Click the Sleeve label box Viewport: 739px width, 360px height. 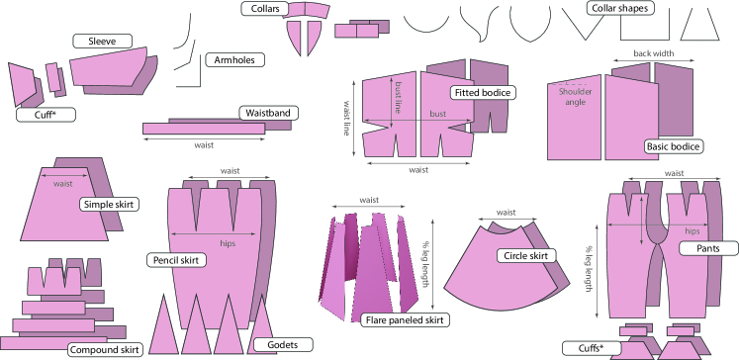pos(102,41)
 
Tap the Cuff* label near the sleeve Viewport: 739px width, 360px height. pos(46,115)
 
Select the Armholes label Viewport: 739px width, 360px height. pos(234,60)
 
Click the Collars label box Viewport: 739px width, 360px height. pos(265,9)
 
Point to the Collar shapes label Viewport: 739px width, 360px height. pos(619,8)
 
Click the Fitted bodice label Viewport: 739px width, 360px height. pos(483,92)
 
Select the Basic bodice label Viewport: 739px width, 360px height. pos(673,146)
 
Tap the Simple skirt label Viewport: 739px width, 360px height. pos(109,205)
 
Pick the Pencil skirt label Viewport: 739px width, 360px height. pos(176,260)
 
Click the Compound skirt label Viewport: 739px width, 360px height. pos(105,350)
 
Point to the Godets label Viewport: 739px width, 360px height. pos(283,345)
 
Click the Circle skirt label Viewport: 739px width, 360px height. pos(526,256)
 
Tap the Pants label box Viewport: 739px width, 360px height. pos(708,248)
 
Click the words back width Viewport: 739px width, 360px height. pos(653,53)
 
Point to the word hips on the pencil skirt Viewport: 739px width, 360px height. pos(228,243)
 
